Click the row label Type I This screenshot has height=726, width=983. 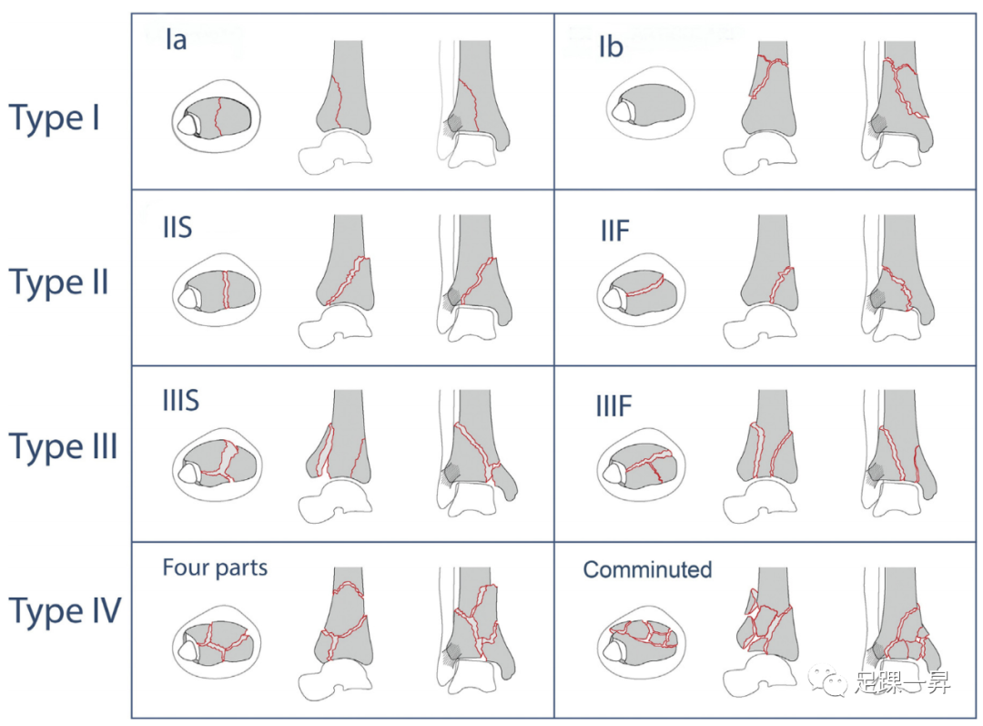pyautogui.click(x=55, y=118)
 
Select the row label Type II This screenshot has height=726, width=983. pyautogui.click(x=59, y=283)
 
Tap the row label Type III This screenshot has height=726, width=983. pyautogui.click(x=63, y=447)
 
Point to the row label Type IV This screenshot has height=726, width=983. pyautogui.click(x=65, y=611)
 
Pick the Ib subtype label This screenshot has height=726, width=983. pyautogui.click(x=611, y=46)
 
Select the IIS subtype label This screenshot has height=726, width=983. pyautogui.click(x=177, y=227)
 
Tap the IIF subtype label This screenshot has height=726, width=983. pyautogui.click(x=614, y=231)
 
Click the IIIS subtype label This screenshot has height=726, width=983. pyautogui.click(x=181, y=401)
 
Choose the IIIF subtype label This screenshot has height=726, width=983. pyautogui.click(x=614, y=406)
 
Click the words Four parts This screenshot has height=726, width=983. pyautogui.click(x=215, y=568)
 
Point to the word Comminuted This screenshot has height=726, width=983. pyautogui.click(x=647, y=570)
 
